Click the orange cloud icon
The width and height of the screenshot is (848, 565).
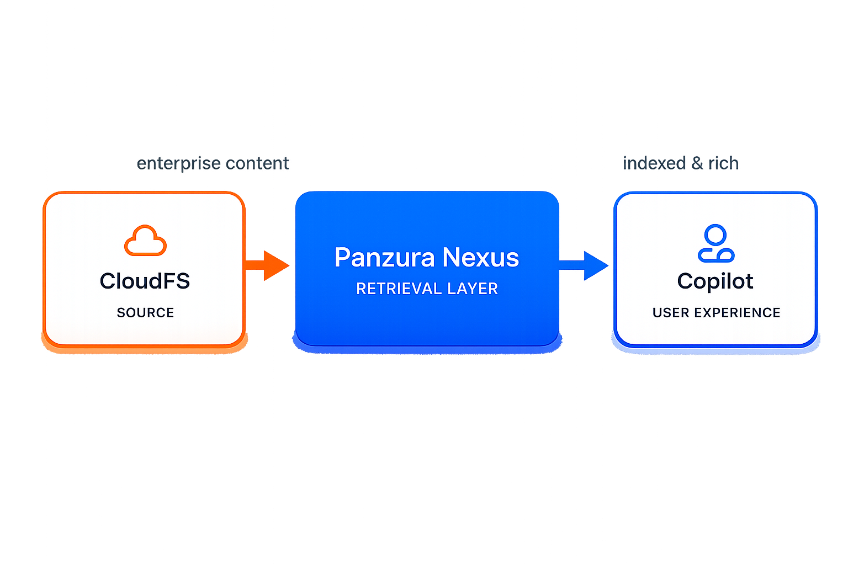145,241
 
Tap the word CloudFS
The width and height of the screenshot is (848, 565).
145,281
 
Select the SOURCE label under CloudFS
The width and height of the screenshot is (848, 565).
145,313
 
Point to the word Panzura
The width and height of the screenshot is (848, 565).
384,258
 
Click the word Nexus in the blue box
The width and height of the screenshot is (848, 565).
481,258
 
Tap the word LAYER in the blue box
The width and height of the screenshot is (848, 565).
473,289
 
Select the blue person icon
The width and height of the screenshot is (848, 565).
716,243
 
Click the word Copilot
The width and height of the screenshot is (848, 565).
715,281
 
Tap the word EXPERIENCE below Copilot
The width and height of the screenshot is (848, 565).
737,313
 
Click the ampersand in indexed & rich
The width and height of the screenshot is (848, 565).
697,163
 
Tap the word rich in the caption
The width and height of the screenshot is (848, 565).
723,163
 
